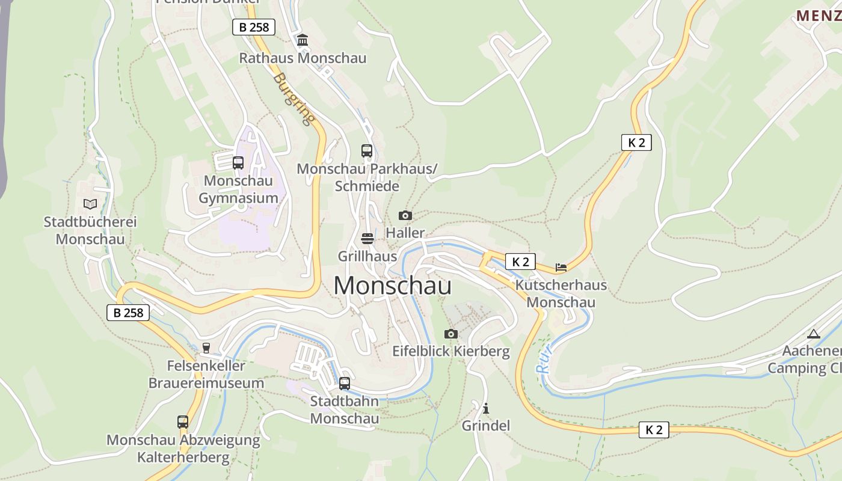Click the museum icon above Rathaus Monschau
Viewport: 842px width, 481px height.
tap(303, 40)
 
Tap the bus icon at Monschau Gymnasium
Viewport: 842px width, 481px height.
tap(238, 162)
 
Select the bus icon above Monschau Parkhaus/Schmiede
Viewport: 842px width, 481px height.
tap(367, 151)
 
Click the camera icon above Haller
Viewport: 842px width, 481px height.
tap(405, 215)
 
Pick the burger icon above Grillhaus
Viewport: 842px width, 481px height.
tap(367, 239)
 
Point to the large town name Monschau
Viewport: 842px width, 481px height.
tap(392, 285)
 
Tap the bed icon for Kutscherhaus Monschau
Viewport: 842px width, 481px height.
tap(561, 267)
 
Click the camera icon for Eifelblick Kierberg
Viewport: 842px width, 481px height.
tap(451, 334)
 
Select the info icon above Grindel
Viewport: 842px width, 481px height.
tap(486, 408)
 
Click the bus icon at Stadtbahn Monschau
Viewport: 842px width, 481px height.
tap(345, 383)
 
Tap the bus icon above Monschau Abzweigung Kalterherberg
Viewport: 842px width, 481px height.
tap(183, 422)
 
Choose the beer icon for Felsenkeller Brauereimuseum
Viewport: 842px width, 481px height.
tap(206, 348)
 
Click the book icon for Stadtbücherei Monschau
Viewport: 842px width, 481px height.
tap(90, 204)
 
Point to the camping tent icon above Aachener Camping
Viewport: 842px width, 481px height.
tap(814, 334)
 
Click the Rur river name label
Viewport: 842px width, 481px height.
tap(545, 362)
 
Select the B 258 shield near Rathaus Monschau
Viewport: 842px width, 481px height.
tap(254, 27)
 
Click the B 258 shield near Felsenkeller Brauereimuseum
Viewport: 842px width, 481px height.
tap(128, 313)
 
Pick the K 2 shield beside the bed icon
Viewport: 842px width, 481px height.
tap(520, 262)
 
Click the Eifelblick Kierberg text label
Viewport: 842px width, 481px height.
tap(451, 351)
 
